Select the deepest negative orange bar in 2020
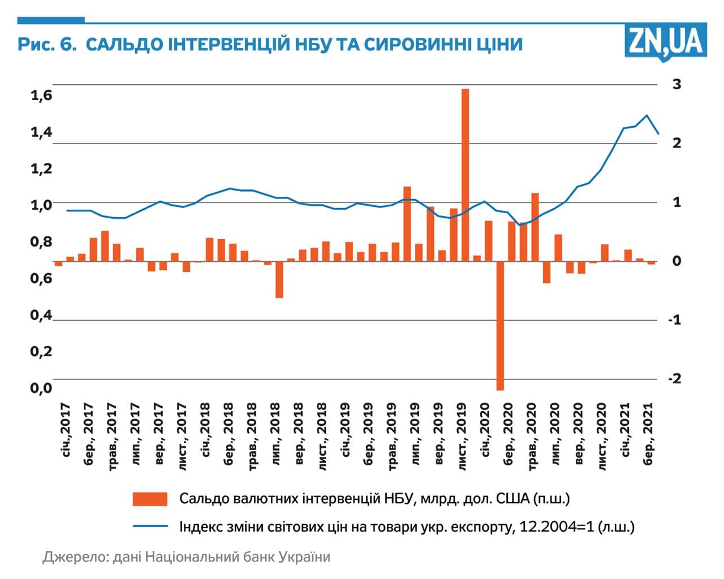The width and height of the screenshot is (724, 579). point(500,325)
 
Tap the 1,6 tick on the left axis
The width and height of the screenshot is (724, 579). point(41,96)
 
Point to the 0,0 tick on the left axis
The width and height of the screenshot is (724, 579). point(41,388)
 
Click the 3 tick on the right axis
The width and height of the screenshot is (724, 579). point(676,84)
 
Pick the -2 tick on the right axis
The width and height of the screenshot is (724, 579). point(674,378)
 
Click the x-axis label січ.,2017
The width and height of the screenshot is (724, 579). point(66,430)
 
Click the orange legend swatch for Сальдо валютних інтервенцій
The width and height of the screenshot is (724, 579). point(150,499)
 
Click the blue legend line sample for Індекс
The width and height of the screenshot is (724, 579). point(150,526)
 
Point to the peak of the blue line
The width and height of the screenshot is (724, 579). point(647,115)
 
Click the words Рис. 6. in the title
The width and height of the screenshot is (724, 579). point(47,44)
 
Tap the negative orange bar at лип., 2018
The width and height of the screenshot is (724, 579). point(279,279)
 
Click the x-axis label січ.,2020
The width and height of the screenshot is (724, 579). point(485,430)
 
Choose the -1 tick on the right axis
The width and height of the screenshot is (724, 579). point(674,319)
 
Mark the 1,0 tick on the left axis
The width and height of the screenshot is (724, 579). point(41,205)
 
